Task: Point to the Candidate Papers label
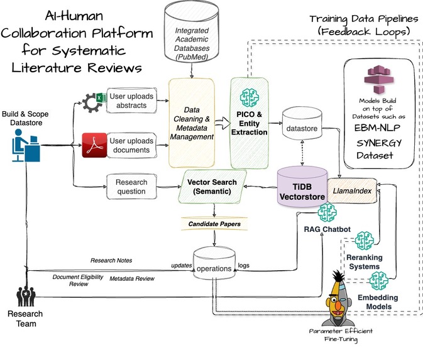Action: coord(214,223)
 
